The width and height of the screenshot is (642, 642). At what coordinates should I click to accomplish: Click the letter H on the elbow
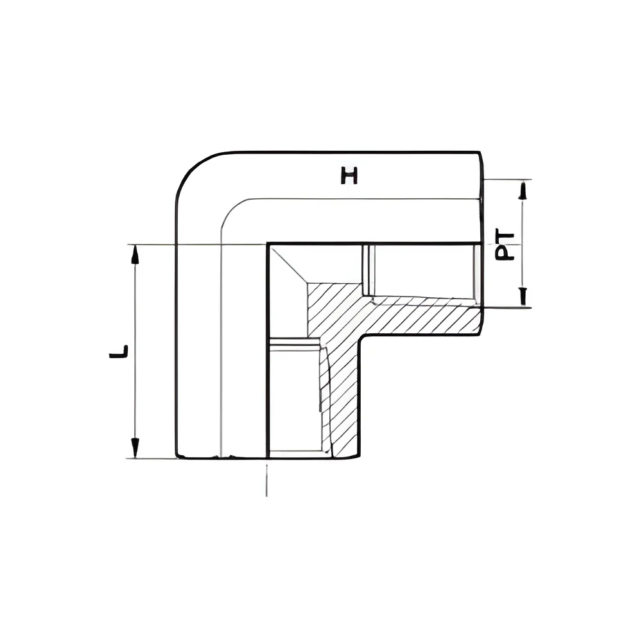click(349, 175)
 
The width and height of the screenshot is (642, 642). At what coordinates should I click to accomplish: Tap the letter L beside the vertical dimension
click(118, 351)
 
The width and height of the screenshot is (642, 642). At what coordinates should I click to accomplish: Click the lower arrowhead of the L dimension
click(135, 448)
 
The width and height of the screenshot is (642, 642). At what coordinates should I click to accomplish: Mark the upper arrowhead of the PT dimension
click(522, 190)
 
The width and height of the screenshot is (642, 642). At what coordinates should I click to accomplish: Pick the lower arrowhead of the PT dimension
click(523, 297)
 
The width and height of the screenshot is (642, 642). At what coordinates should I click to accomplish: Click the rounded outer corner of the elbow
click(193, 168)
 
